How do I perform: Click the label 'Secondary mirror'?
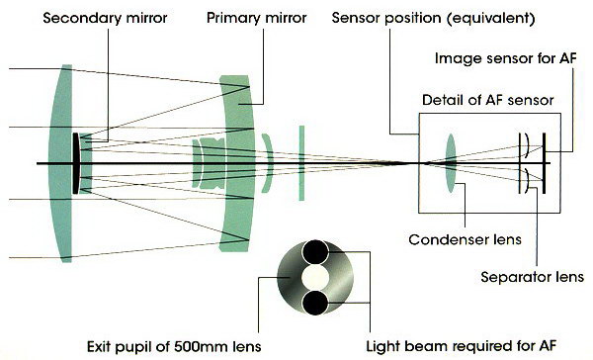pyautogui.click(x=105, y=18)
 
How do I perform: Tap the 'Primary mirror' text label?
pyautogui.click(x=256, y=18)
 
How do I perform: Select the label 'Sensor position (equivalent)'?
pyautogui.click(x=434, y=19)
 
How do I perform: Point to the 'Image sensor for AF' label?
pyautogui.click(x=506, y=58)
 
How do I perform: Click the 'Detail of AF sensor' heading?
pyautogui.click(x=488, y=100)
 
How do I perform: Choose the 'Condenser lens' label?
pyautogui.click(x=465, y=239)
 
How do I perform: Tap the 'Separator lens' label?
pyautogui.click(x=532, y=277)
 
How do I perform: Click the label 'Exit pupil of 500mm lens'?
pyautogui.click(x=174, y=346)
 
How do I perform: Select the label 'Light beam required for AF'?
pyautogui.click(x=461, y=346)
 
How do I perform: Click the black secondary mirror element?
pyautogui.click(x=76, y=163)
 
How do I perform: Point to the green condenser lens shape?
pyautogui.click(x=451, y=163)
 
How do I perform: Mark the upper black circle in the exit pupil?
pyautogui.click(x=315, y=252)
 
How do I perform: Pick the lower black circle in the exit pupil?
pyautogui.click(x=315, y=303)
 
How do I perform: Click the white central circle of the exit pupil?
pyautogui.click(x=315, y=278)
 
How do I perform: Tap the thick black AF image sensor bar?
pyautogui.click(x=544, y=163)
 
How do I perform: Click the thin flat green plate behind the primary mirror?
pyautogui.click(x=301, y=163)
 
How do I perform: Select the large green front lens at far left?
pyautogui.click(x=62, y=163)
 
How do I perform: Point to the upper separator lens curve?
pyautogui.click(x=526, y=145)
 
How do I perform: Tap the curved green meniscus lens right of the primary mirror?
pyautogui.click(x=269, y=163)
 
